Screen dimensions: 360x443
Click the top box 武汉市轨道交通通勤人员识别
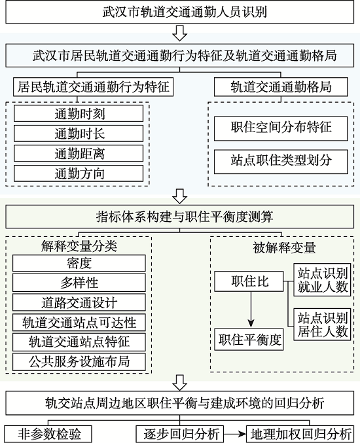pyautogui.click(x=180, y=12)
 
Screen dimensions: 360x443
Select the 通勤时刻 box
pyautogui.click(x=79, y=114)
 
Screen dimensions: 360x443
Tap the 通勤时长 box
pyautogui.click(x=79, y=133)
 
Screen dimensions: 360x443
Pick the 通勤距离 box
pyautogui.click(x=79, y=153)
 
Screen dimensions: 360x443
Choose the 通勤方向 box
pyautogui.click(x=79, y=173)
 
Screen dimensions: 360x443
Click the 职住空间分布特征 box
pyautogui.click(x=281, y=128)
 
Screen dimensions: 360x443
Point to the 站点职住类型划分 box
pyautogui.click(x=281, y=162)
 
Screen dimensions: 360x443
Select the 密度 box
pyautogui.click(x=79, y=263)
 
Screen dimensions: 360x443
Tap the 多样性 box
pyautogui.click(x=79, y=283)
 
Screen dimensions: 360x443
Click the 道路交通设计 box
pyautogui.click(x=79, y=302)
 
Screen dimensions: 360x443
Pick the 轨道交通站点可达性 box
pyautogui.click(x=79, y=322)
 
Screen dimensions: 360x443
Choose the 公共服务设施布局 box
pyautogui.click(x=79, y=362)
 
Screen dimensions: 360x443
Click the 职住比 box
pyautogui.click(x=249, y=281)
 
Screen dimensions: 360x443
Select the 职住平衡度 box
pyautogui.click(x=249, y=340)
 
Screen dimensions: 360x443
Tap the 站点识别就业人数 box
pyautogui.click(x=322, y=279)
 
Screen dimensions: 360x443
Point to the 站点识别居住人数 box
pyautogui.click(x=322, y=324)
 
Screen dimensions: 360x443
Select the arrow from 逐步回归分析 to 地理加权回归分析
pyautogui.click(x=235, y=434)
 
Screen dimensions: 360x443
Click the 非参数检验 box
pyautogui.click(x=49, y=434)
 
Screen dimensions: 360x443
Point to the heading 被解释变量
pyautogui.click(x=284, y=248)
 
